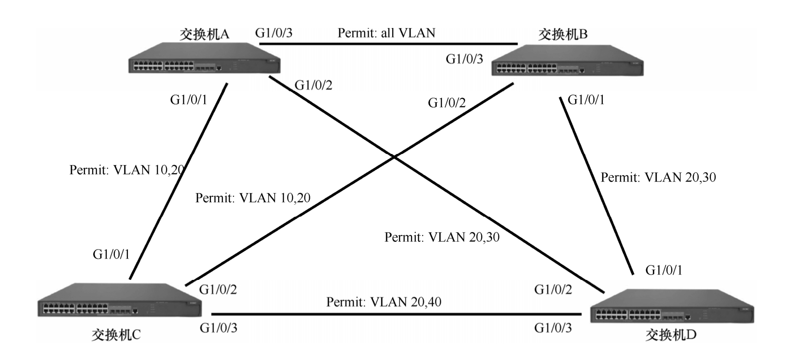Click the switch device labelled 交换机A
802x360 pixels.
tap(205, 59)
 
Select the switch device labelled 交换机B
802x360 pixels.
tap(567, 62)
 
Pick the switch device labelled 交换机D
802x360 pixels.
tap(671, 306)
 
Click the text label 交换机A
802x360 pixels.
tap(204, 34)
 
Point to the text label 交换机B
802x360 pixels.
tap(563, 34)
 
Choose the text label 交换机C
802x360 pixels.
tap(116, 335)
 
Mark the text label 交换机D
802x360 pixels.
tap(671, 335)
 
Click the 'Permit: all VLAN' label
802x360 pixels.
tap(386, 33)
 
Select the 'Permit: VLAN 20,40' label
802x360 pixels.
tap(384, 302)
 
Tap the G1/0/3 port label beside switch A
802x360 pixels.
tap(274, 33)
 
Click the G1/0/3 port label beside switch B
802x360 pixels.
tap(464, 59)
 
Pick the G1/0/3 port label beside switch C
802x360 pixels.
tap(219, 328)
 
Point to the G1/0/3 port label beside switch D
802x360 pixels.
tap(553, 328)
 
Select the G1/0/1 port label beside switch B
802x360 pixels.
tap(586, 100)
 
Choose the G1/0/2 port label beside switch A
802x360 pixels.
tap(314, 85)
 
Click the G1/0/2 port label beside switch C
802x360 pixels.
tap(218, 290)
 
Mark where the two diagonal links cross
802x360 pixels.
tap(394, 157)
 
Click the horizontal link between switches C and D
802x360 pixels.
tap(396, 314)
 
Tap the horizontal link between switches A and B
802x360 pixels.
tap(388, 44)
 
